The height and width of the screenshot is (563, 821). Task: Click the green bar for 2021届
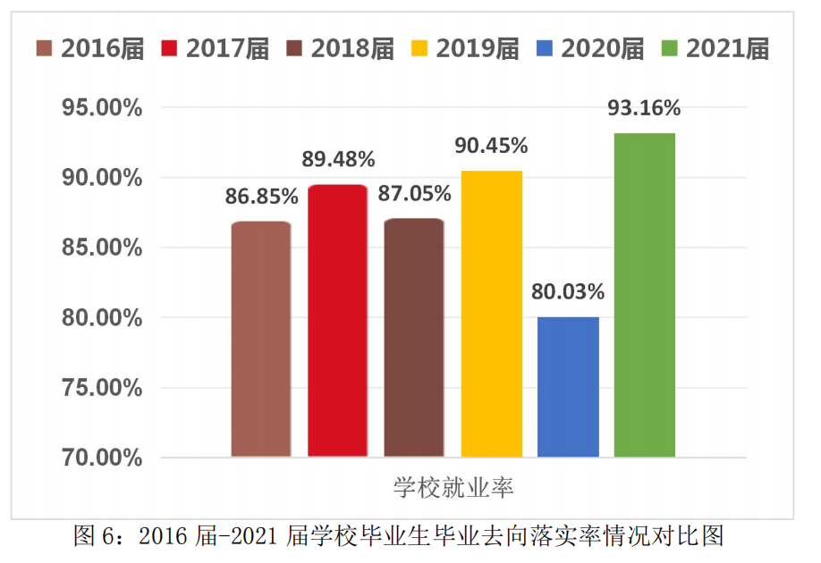pos(644,295)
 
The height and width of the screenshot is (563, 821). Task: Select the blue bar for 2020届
pos(568,387)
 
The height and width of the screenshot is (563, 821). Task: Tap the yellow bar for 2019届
pos(491,314)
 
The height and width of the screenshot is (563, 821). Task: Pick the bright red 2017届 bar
pos(337,321)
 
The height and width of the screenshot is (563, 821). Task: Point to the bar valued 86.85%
pos(261,340)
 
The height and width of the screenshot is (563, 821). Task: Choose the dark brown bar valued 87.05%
pos(414,338)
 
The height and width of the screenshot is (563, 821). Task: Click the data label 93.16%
pos(644,108)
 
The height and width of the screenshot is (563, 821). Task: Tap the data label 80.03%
pos(568,292)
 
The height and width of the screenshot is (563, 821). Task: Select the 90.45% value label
pos(491,146)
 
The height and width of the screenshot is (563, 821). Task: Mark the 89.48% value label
pos(338,160)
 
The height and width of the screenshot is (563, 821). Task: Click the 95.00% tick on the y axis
pos(100,108)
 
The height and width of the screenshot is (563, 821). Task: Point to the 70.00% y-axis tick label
pos(100,458)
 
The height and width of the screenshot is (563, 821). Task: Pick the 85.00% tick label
pos(100,248)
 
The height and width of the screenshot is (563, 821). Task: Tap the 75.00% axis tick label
pos(100,388)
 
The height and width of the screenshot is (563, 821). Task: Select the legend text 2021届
pos(727,48)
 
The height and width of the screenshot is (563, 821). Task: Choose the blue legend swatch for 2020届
pos(545,47)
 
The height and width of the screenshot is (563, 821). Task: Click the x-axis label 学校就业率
pos(453,488)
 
